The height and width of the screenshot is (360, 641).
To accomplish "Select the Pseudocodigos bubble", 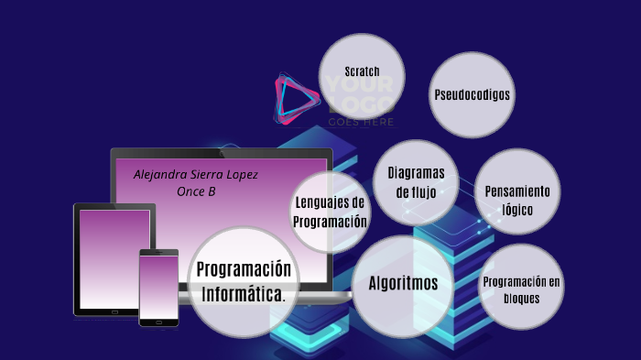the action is [472, 94].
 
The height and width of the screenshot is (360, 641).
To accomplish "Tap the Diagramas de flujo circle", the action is [416, 182].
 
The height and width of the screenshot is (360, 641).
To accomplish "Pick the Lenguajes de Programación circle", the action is [331, 213].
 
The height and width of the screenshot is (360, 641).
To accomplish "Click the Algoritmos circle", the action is [403, 285].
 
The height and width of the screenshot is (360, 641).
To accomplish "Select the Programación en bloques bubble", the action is [521, 289].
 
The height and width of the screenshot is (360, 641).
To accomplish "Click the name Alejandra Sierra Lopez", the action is [196, 174].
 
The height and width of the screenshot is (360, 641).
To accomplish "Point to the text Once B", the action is [196, 191].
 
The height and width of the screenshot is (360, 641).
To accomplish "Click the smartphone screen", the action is [158, 285].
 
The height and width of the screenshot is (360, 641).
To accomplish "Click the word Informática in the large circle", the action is [244, 295].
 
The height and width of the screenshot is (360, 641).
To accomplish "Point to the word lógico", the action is [517, 209].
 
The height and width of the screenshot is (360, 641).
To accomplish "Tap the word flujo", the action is [416, 192].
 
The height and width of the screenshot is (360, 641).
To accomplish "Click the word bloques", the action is [521, 299].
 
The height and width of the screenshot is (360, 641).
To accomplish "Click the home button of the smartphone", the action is [158, 322].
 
